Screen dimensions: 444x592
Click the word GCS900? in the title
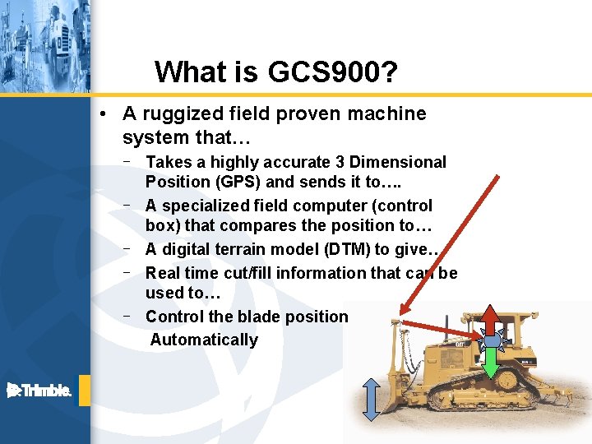pos(334,72)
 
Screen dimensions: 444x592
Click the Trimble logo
pos(39,391)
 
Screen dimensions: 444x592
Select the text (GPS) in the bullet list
pos(238,182)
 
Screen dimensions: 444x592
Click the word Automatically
pos(204,340)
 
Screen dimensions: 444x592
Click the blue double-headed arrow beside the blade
pos(371,400)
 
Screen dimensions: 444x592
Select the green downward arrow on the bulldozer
pos(491,363)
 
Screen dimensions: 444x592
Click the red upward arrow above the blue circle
pos(491,320)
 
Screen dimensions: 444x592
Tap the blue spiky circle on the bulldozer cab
pos(491,340)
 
